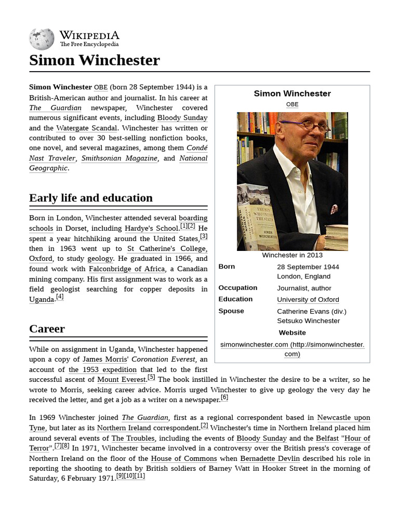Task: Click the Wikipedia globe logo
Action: [x=42, y=39]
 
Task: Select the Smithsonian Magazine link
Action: [x=119, y=158]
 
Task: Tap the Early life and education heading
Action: [x=91, y=198]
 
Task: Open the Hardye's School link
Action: [x=151, y=228]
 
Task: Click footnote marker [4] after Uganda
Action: [x=60, y=297]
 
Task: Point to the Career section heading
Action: [x=47, y=329]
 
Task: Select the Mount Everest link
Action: [x=122, y=380]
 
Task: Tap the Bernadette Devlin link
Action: [x=270, y=458]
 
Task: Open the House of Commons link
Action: [x=184, y=458]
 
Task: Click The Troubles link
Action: [x=132, y=438]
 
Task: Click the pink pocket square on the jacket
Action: [x=334, y=209]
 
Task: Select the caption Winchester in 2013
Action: [x=292, y=255]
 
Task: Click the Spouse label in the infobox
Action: [x=231, y=311]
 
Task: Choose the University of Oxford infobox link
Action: [x=308, y=299]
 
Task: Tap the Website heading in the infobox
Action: [x=292, y=332]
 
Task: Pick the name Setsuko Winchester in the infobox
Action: [x=308, y=321]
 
